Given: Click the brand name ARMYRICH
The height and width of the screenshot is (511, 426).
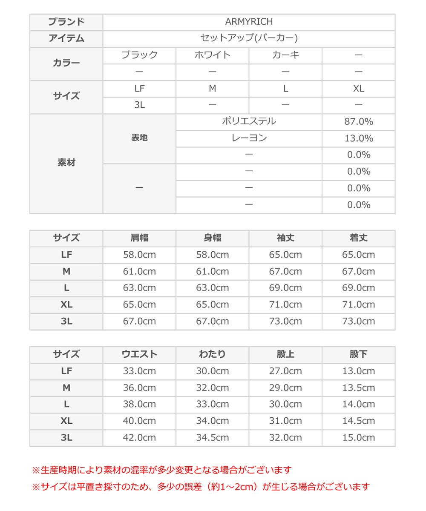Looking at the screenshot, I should (249, 22).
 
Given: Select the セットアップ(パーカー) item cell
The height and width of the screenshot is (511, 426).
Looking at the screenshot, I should (249, 38).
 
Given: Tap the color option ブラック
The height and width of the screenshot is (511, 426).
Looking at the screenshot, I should (139, 55).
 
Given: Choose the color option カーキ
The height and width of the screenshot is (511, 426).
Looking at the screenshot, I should (285, 55).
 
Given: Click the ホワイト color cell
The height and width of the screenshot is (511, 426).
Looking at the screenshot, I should (212, 55).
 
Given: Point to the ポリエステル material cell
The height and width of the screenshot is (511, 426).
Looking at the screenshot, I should (249, 121).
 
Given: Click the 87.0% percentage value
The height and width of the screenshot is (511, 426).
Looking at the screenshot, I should (358, 122).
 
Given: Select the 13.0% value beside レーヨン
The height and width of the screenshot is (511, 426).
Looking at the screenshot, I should (358, 138).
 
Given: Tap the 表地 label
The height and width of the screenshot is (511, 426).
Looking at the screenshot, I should (139, 138).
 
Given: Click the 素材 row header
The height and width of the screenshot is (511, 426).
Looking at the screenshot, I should (66, 163).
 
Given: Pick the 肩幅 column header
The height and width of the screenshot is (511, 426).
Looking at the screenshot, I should (139, 238).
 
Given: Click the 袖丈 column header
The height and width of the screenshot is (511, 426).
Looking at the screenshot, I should (285, 238).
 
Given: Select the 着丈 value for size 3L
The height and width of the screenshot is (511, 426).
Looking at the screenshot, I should (358, 321).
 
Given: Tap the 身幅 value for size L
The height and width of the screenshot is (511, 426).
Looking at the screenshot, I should (212, 288).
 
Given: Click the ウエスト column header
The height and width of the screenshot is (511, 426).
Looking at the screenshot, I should (139, 354).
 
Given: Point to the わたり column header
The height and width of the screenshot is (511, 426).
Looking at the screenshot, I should (212, 354).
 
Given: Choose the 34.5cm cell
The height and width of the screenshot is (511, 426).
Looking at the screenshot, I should (212, 437).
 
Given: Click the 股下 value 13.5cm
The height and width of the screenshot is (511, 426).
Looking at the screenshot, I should (358, 388).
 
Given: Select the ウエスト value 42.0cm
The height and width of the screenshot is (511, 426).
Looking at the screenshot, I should (139, 437).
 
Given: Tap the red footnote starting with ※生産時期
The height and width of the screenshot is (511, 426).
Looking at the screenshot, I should (162, 470).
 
